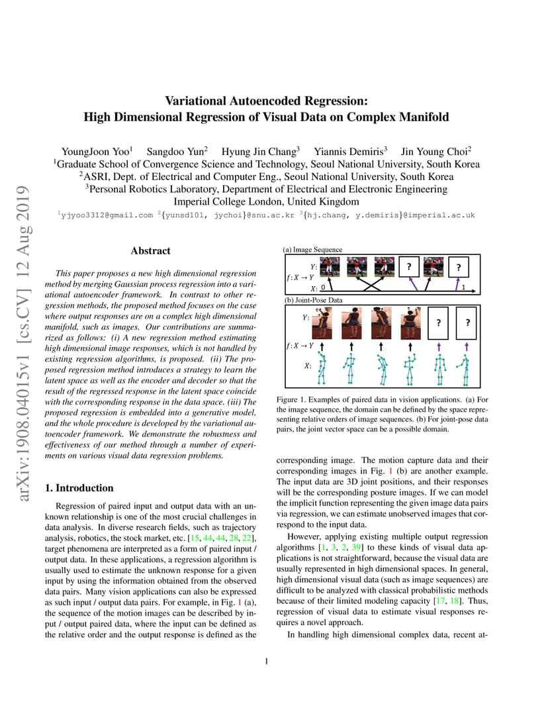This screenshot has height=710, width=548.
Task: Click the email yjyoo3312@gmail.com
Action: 106,215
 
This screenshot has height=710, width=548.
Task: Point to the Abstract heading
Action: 150,251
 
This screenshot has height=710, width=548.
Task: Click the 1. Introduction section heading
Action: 79,488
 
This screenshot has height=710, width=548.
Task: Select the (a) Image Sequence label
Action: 313,250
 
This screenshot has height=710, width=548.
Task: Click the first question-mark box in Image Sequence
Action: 409,267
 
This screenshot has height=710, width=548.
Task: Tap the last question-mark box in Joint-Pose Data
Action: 467,323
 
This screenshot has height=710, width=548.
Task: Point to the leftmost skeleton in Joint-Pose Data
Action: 322,368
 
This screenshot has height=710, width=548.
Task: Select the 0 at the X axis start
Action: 322,288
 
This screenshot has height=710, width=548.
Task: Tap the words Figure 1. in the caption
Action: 297,401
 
